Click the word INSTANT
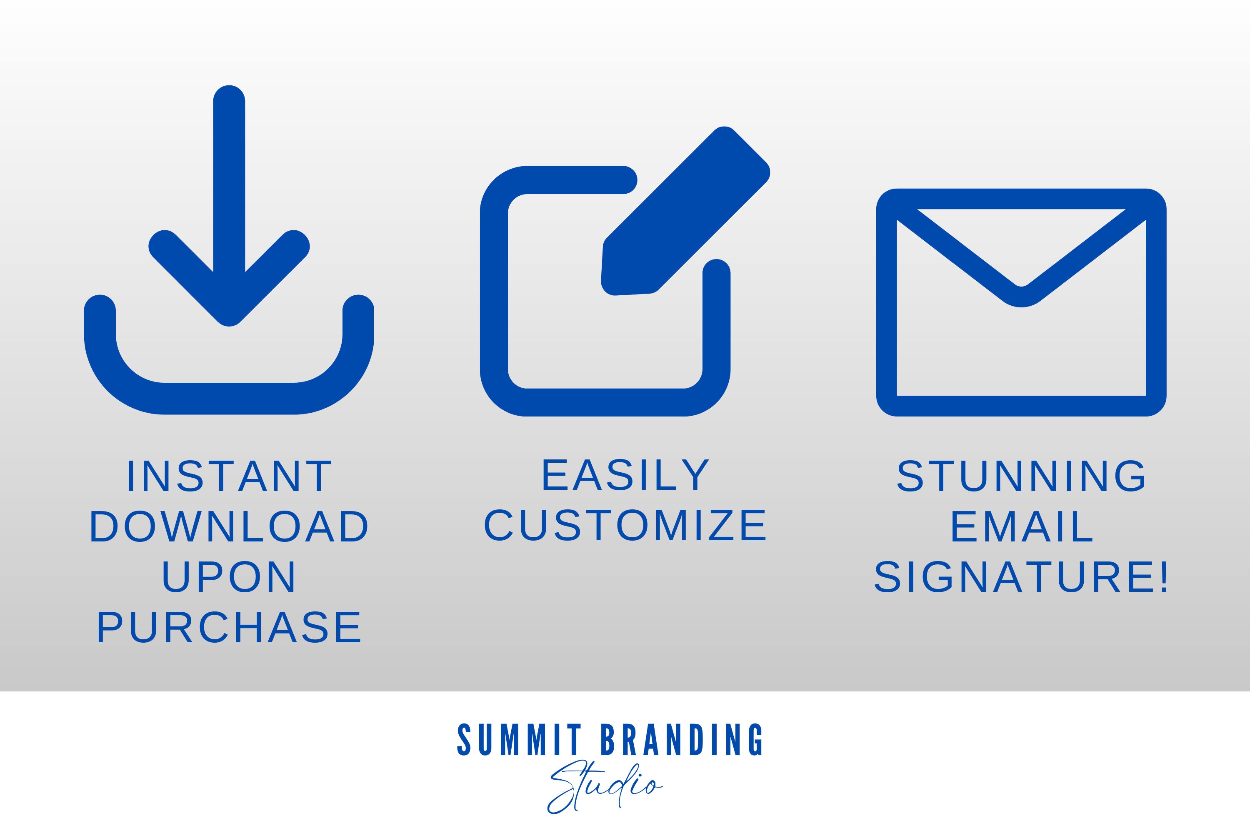[230, 476]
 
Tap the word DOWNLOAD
[229, 526]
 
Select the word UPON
[229, 576]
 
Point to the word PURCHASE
[229, 627]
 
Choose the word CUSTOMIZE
[625, 525]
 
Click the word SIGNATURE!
[1022, 576]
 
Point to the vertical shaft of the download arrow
[229, 186]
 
